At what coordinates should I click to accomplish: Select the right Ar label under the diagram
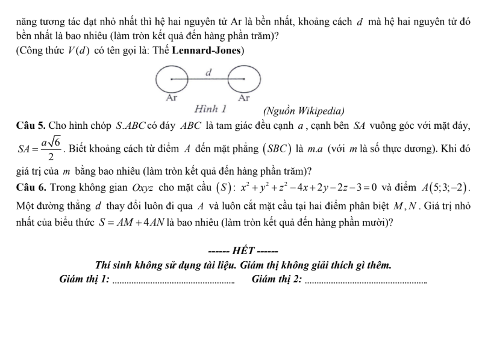(x=244, y=97)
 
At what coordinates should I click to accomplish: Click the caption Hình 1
(x=210, y=110)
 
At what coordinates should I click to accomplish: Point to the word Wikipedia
(x=320, y=110)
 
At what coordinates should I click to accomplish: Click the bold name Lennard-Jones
(x=206, y=51)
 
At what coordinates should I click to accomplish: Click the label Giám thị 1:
(x=85, y=279)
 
